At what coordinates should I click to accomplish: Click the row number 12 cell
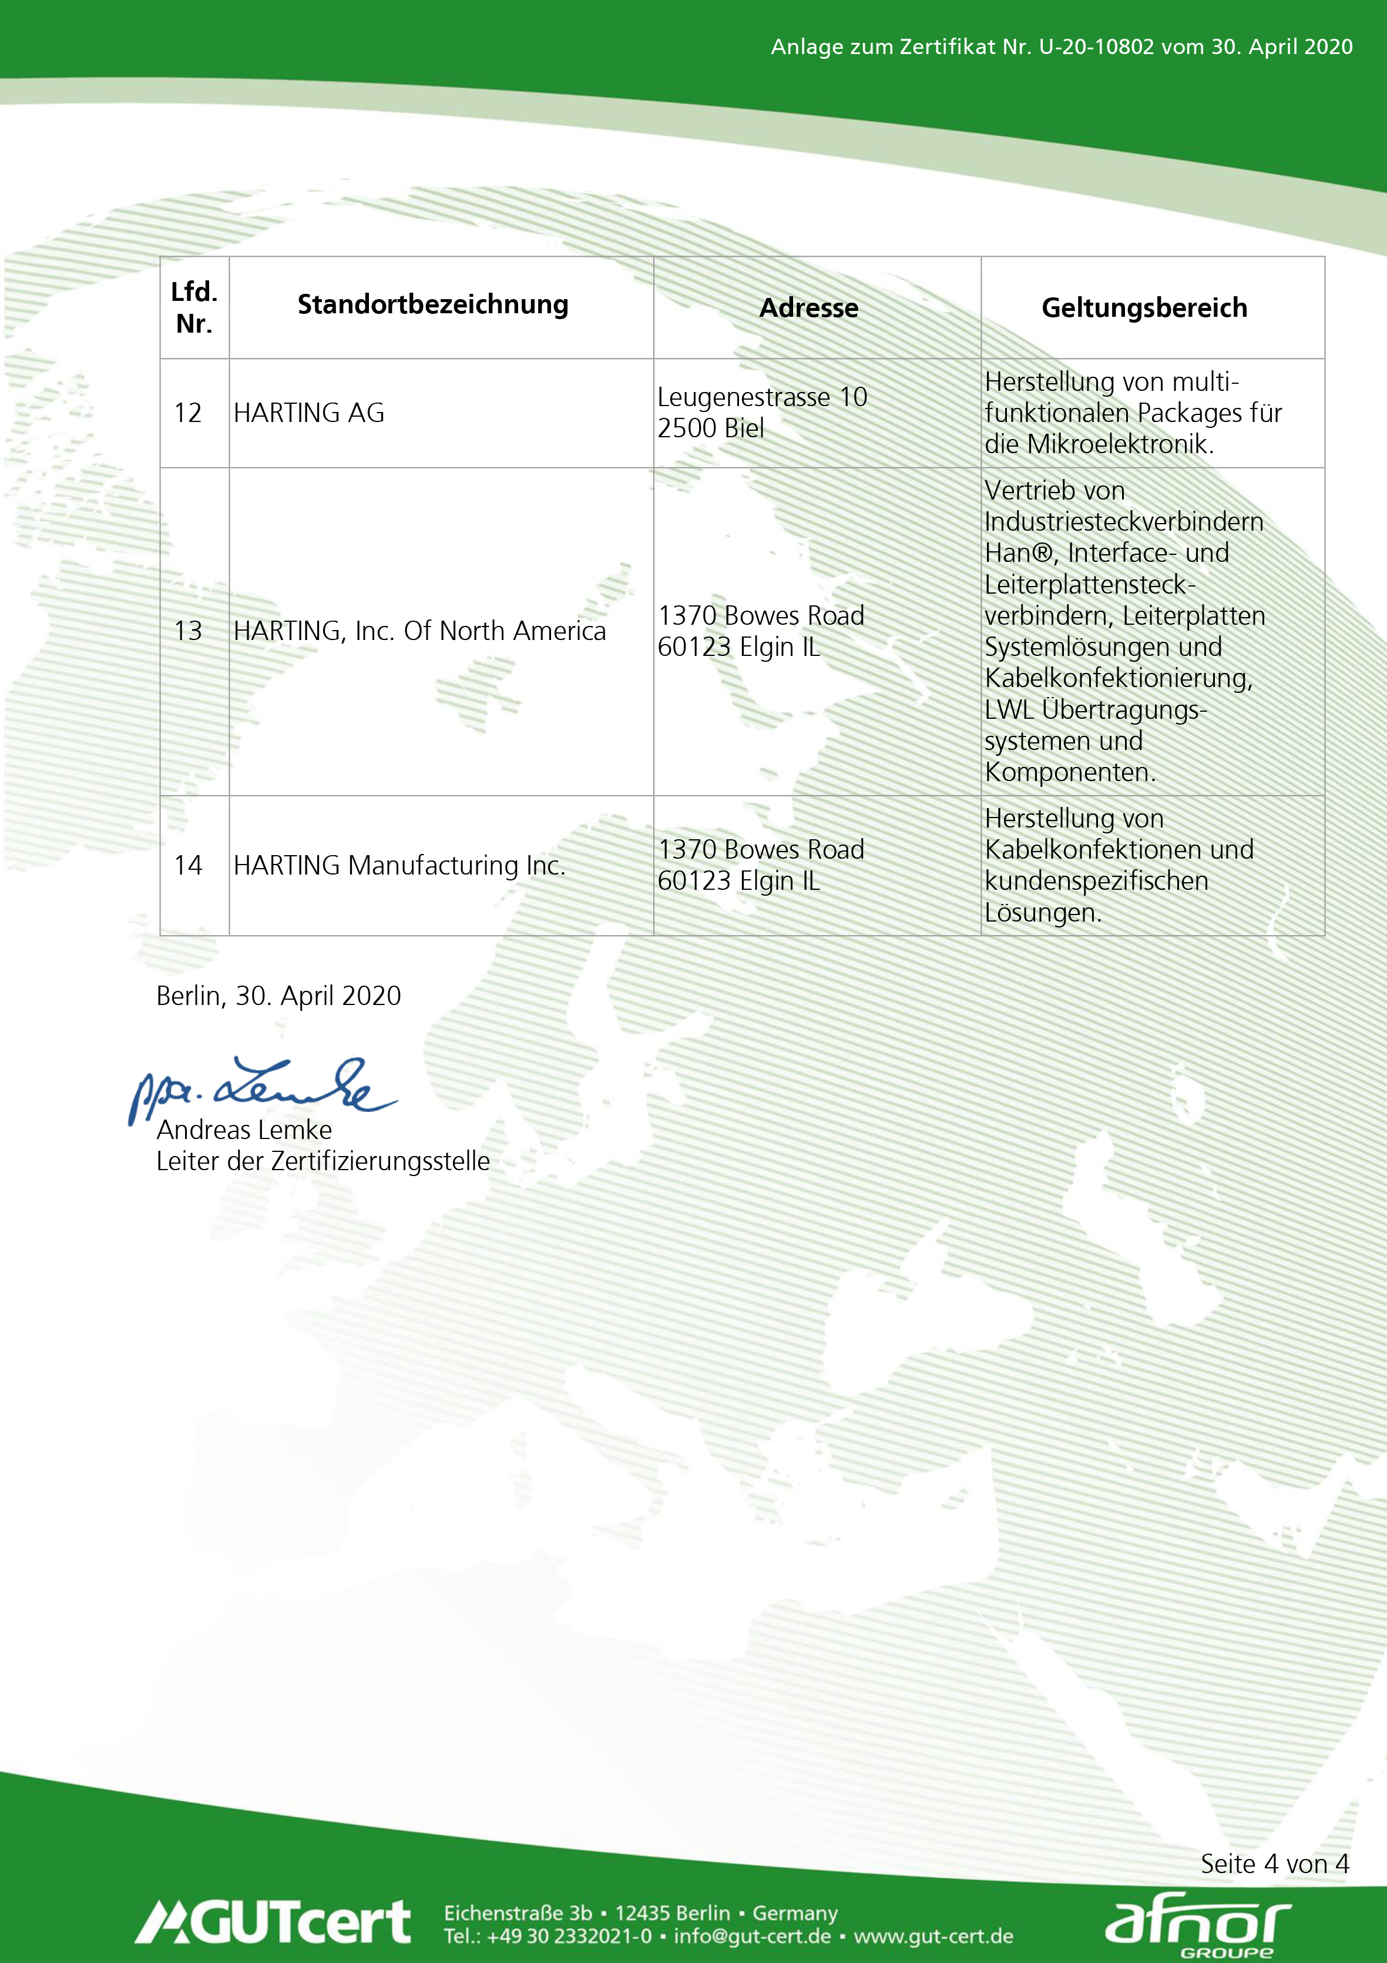coord(188,413)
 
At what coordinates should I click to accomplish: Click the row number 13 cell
coord(188,631)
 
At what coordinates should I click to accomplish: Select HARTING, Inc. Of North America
coord(419,631)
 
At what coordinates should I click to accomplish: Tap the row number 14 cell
coord(188,865)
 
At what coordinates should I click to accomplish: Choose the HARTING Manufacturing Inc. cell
coord(399,865)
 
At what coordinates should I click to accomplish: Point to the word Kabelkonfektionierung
coord(1118,678)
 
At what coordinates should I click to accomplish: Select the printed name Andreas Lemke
coord(244,1130)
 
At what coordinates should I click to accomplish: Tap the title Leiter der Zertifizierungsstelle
coord(323,1161)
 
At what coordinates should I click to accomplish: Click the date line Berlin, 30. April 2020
coord(278,996)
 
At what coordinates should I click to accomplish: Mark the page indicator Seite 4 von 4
coord(1274,1864)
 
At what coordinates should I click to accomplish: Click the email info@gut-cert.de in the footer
coord(752,1937)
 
